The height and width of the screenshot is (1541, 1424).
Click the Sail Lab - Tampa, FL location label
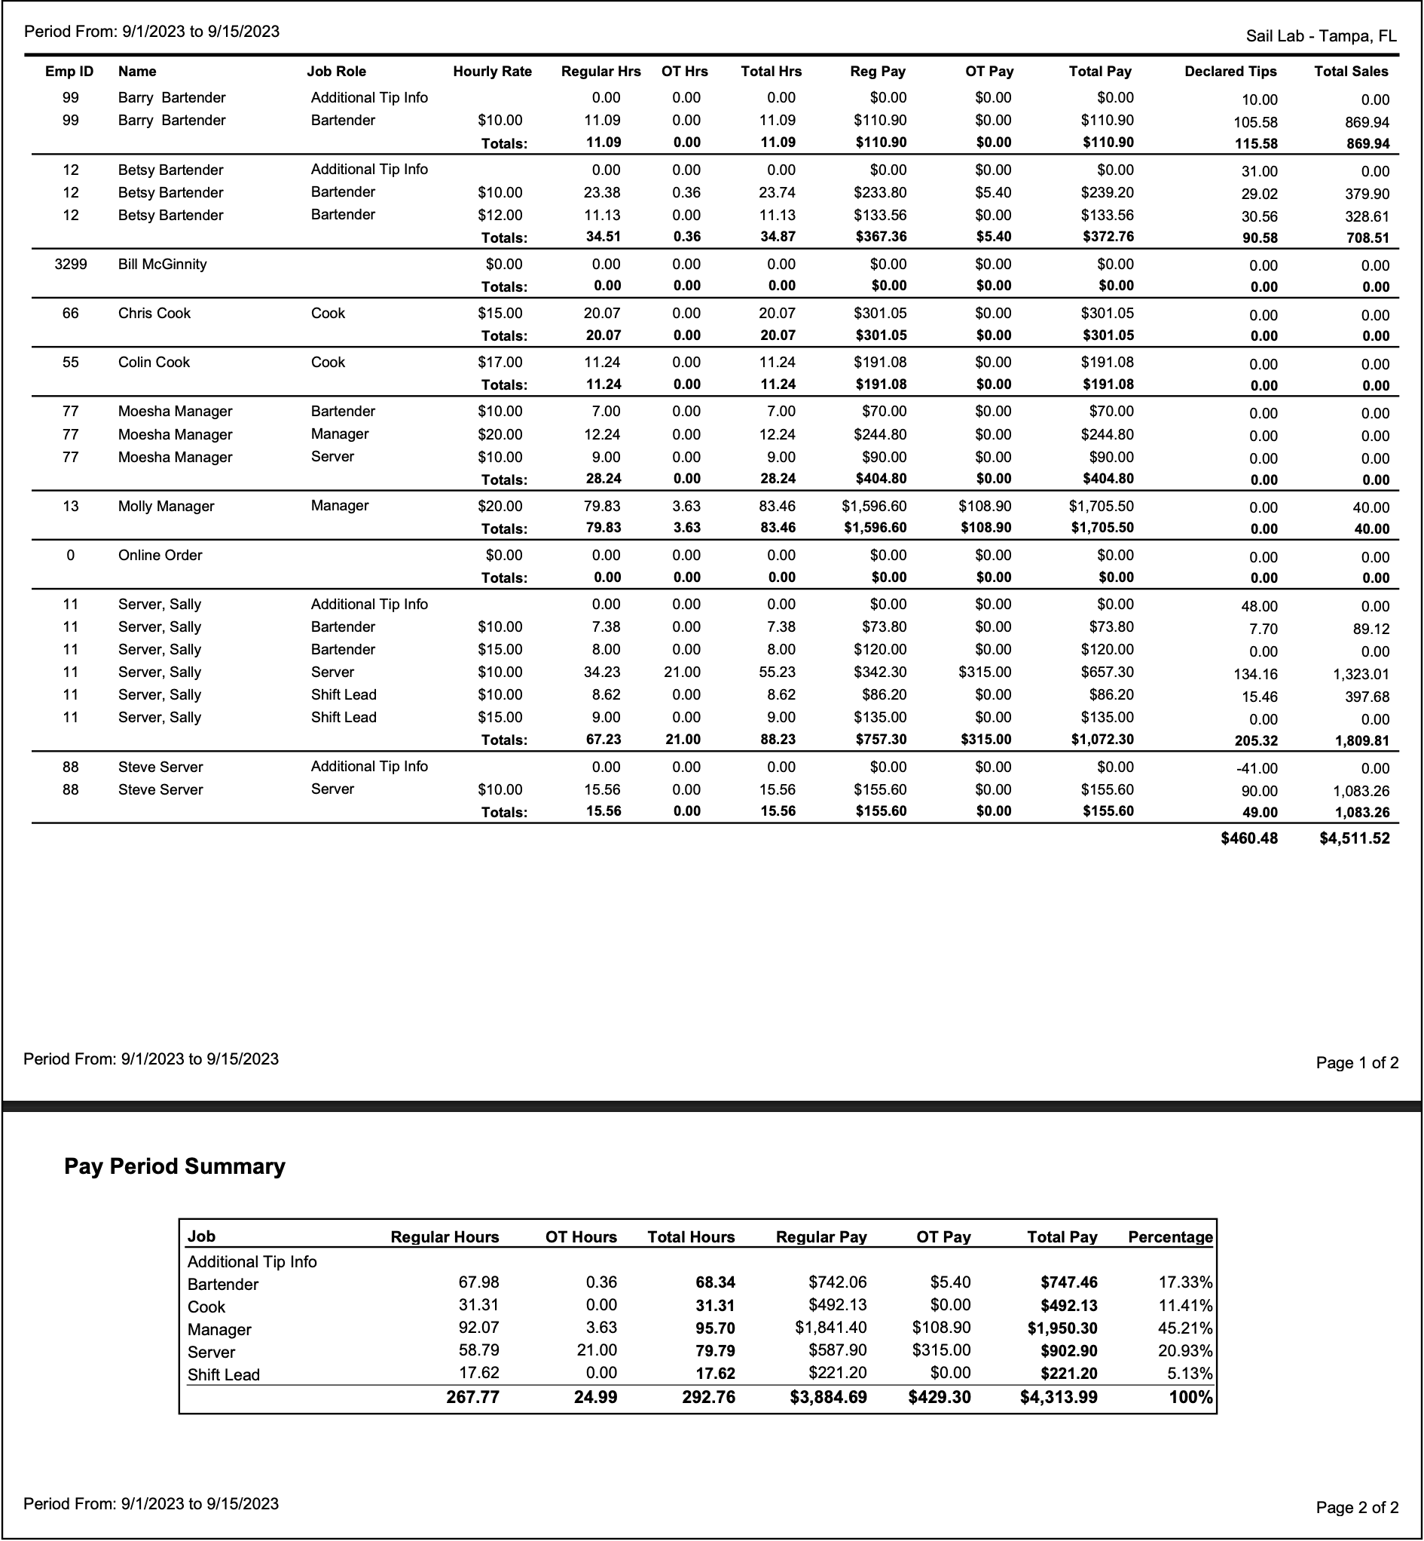point(1321,36)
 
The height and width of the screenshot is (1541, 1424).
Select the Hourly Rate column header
point(493,72)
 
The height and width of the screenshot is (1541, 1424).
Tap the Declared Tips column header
point(1230,72)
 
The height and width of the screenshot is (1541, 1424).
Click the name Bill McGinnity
point(163,265)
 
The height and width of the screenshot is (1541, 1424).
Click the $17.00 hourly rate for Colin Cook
point(500,363)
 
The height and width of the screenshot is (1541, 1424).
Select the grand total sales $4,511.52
point(1354,838)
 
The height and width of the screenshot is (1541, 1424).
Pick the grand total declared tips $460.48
point(1248,838)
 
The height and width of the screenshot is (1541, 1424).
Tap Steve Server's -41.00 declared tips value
point(1256,768)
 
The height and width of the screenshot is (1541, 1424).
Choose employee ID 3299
point(71,265)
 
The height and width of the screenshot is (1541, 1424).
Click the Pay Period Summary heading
point(175,1166)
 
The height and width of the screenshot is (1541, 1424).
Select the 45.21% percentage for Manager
point(1185,1328)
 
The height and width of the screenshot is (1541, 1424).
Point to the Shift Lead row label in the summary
point(224,1374)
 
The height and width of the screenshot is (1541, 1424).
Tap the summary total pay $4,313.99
point(1058,1398)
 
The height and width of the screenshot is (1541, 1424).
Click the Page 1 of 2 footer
point(1356,1063)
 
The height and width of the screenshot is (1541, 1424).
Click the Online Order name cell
point(160,555)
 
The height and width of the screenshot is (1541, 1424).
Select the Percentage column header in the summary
point(1169,1237)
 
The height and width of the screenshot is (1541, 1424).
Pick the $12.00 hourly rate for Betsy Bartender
point(500,215)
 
